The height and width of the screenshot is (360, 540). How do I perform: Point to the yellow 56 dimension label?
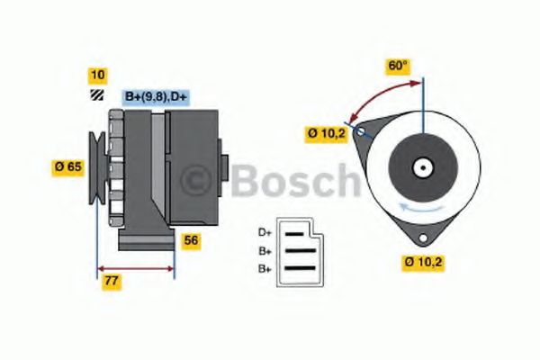[191, 240]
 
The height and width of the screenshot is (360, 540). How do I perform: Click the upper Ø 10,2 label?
[325, 134]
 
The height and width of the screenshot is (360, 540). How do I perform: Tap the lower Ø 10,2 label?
[424, 262]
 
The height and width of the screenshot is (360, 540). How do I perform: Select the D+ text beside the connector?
[265, 232]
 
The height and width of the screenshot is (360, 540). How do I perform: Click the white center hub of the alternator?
[421, 167]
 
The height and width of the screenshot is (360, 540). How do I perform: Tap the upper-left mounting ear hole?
[361, 132]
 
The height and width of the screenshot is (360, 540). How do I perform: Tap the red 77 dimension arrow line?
[135, 267]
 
